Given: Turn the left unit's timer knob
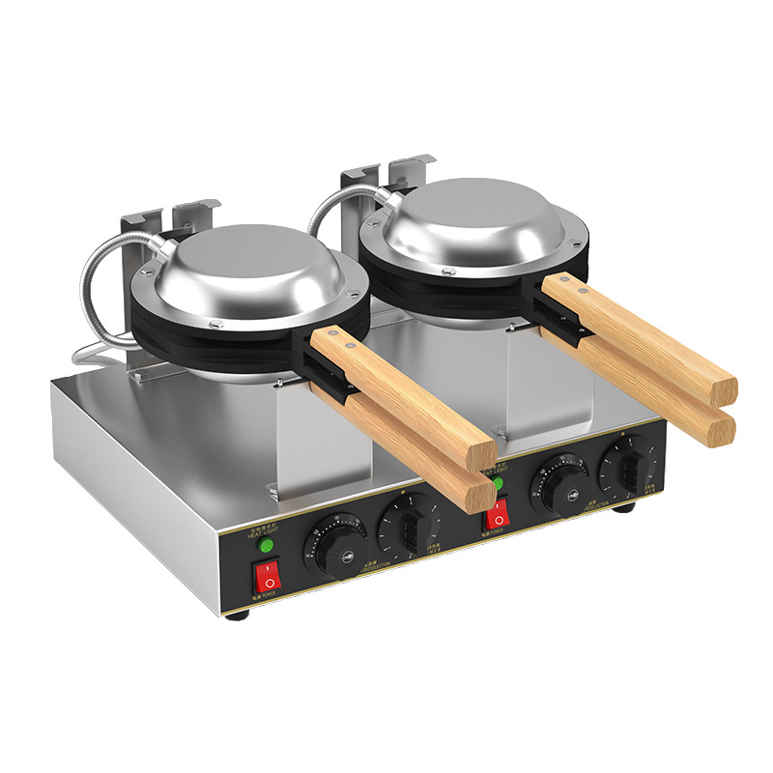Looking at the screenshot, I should tap(409, 526).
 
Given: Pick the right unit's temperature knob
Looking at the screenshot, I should tap(558, 482).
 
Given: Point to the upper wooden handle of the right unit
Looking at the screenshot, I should tap(638, 333).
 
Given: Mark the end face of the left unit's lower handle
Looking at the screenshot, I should tap(480, 495).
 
